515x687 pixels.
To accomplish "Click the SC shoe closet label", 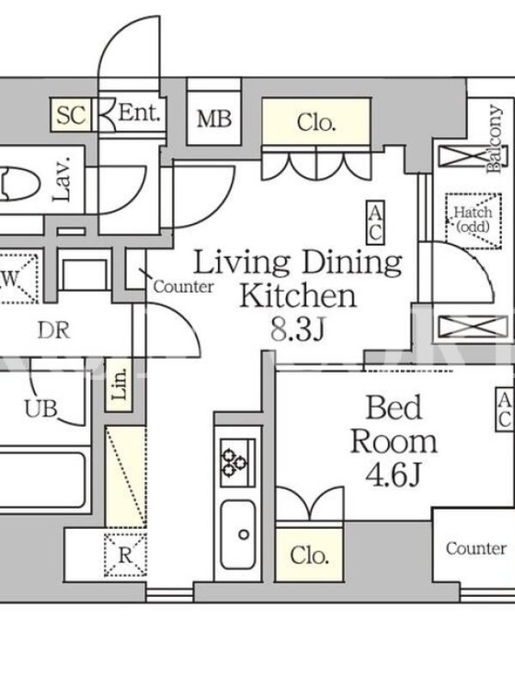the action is (70, 115).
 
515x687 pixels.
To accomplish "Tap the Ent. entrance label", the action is (139, 113).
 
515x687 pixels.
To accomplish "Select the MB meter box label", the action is (214, 119).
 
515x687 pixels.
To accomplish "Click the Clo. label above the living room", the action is (316, 123).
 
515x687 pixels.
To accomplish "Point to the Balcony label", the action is (495, 138).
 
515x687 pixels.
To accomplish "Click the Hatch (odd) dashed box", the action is (474, 221).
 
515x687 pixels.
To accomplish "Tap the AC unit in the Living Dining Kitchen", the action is (375, 222).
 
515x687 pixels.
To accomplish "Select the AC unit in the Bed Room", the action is (505, 410).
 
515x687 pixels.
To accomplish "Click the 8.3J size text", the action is (297, 329).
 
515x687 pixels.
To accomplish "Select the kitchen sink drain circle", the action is (244, 534).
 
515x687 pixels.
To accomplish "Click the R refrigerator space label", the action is (125, 556).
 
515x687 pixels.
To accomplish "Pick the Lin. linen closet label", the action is (119, 384).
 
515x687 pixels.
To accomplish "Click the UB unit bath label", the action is (40, 409).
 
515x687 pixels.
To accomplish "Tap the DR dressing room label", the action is (53, 331).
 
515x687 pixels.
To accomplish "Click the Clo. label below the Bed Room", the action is (309, 556).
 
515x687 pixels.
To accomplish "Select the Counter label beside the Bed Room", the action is (476, 548).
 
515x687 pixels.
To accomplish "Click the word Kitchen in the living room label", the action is (298, 295).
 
